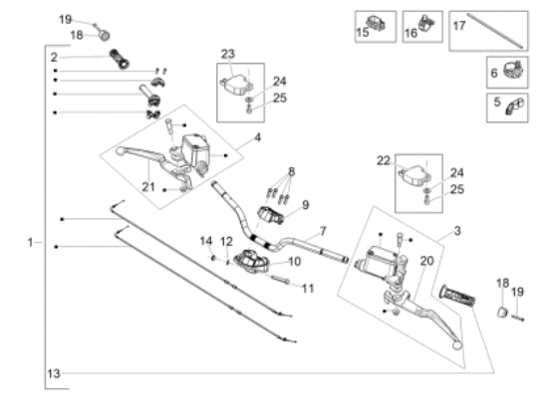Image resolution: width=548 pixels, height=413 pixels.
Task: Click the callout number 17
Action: (459, 26)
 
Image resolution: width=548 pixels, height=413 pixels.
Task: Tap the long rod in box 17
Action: (495, 31)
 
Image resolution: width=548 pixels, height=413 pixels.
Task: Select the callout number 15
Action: (363, 33)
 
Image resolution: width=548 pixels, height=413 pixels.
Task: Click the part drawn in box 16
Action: (426, 23)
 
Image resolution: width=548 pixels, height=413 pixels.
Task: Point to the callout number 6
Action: (494, 73)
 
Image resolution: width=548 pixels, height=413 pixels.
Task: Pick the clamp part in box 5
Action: (514, 106)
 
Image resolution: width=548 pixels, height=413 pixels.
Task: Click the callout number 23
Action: (228, 54)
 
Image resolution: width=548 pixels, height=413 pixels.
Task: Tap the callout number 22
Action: (384, 160)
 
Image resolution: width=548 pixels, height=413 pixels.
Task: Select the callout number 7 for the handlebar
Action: (323, 231)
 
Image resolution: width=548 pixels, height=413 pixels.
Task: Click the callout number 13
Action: (54, 373)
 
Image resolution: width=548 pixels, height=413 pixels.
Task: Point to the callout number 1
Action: (31, 242)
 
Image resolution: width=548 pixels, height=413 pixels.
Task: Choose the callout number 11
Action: (308, 289)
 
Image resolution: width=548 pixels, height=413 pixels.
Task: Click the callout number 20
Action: (426, 261)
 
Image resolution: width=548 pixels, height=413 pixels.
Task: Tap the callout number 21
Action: (148, 187)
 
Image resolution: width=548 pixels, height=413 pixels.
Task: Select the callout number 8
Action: (292, 171)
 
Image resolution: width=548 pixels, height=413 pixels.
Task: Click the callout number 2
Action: (54, 58)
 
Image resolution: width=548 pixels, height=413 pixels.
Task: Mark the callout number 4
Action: (258, 137)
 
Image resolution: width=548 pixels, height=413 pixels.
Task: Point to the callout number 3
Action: (457, 231)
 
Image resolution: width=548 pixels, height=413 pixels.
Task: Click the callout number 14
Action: (206, 241)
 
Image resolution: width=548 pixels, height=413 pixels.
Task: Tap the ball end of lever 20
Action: (456, 345)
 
